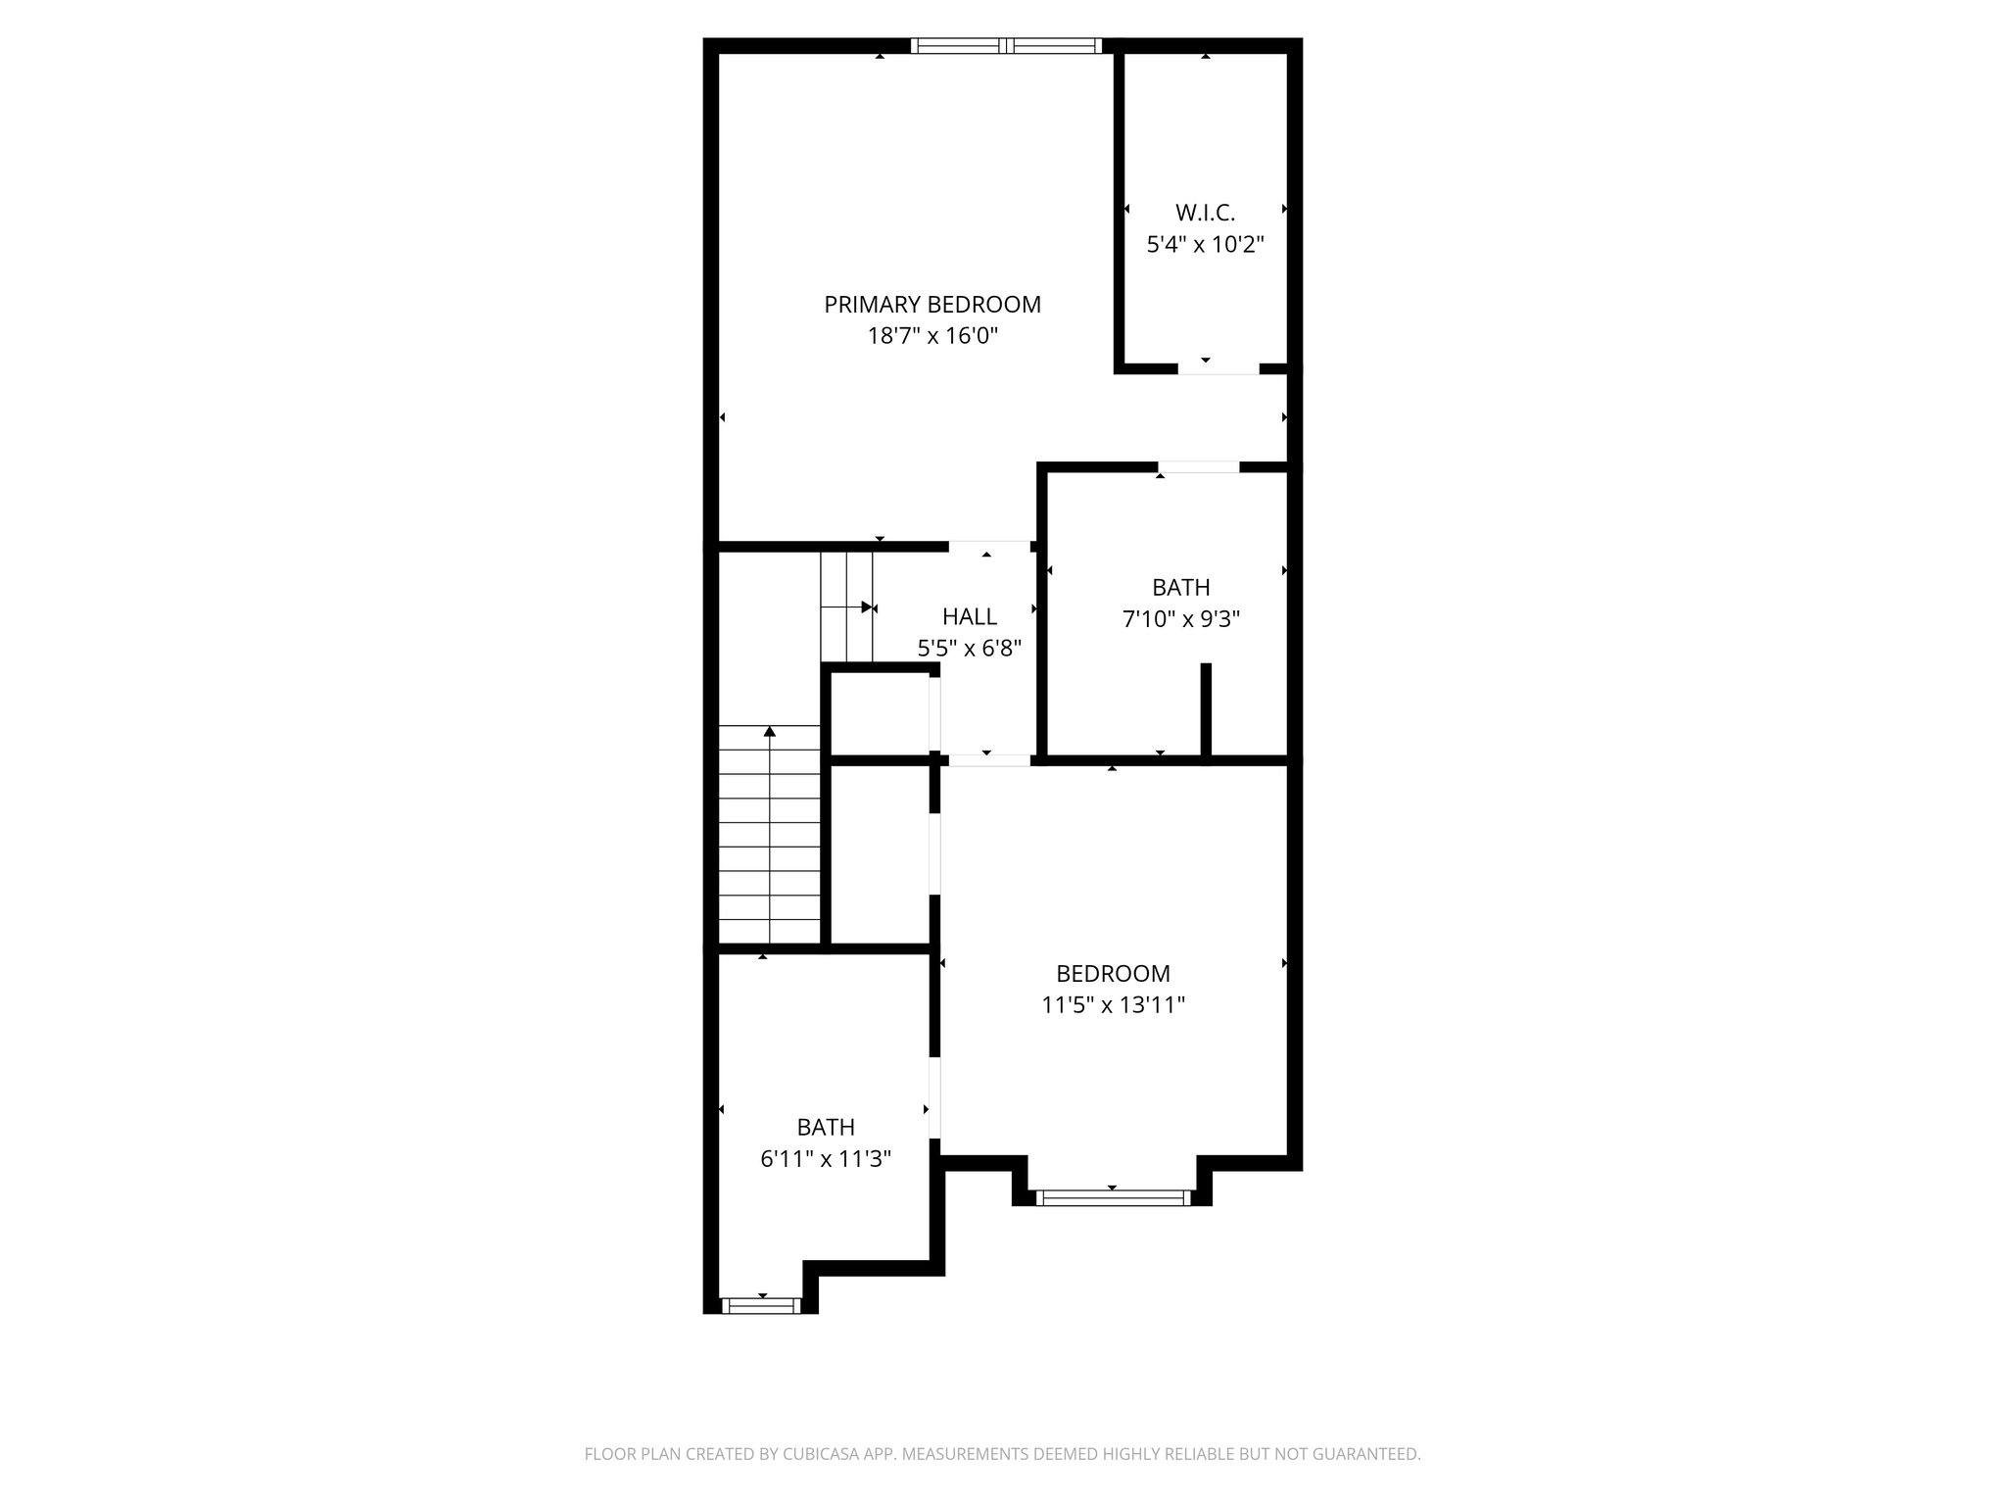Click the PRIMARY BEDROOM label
931,305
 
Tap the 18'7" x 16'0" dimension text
931,336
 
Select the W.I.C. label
1205,213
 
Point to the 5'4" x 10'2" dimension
1205,244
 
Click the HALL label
969,616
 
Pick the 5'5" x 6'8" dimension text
969,648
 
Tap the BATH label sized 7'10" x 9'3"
1180,587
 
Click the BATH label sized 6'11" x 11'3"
825,1127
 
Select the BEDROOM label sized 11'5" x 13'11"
1113,973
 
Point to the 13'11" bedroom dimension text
1113,1004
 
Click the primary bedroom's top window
1006,45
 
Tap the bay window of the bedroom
1113,1196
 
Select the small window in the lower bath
761,1305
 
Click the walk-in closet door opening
1218,368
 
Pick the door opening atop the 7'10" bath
1199,467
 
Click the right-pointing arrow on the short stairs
867,607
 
